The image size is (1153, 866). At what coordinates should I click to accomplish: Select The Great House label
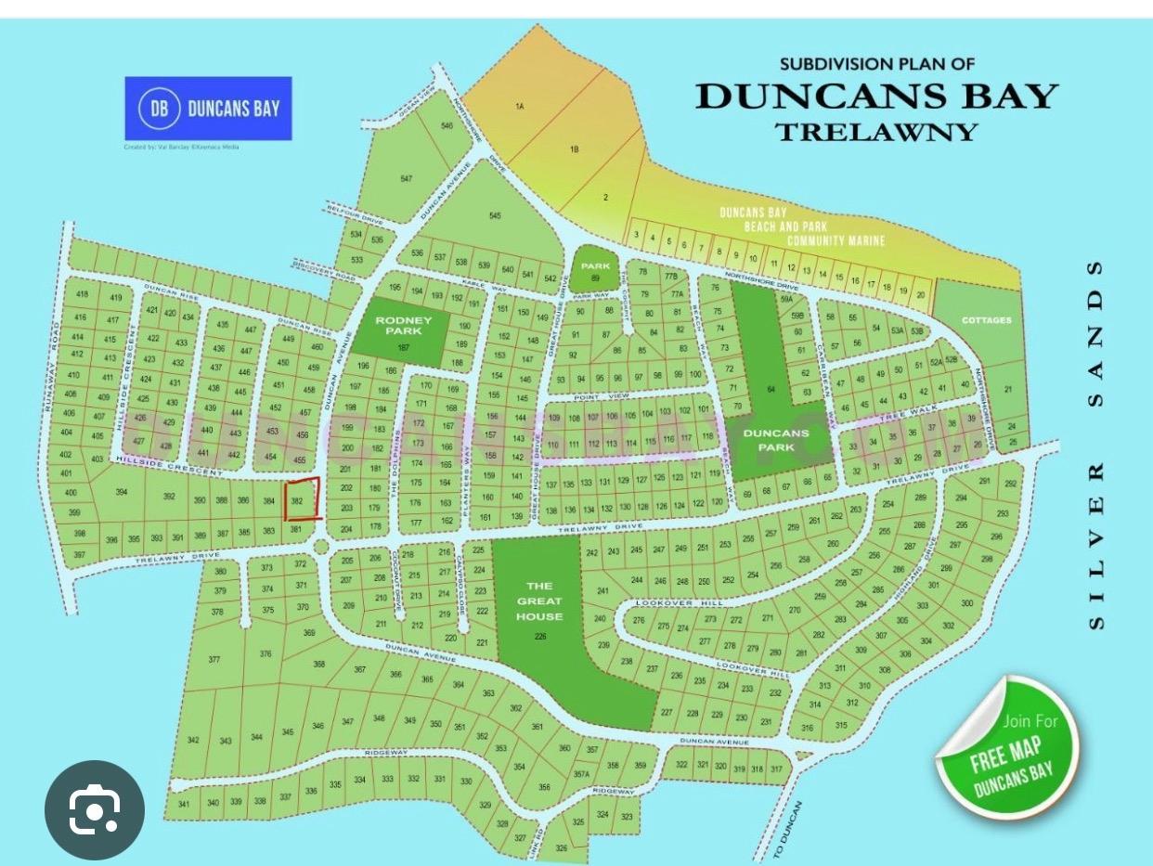539,601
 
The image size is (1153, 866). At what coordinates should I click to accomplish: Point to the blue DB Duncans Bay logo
209,108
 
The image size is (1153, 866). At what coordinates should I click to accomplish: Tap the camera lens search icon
95,810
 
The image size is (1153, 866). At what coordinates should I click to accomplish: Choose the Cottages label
987,320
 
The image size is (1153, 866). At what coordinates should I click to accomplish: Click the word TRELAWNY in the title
876,132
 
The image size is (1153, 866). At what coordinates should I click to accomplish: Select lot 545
495,216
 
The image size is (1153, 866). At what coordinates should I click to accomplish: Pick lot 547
406,178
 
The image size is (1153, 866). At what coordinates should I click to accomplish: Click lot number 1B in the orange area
575,149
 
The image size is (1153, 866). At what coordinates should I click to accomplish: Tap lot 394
121,492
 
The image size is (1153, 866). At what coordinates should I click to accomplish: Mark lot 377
214,660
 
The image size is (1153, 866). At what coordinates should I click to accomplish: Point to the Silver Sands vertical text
1096,446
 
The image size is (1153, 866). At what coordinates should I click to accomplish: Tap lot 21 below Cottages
1008,390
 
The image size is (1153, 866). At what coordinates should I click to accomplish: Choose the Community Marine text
836,241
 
